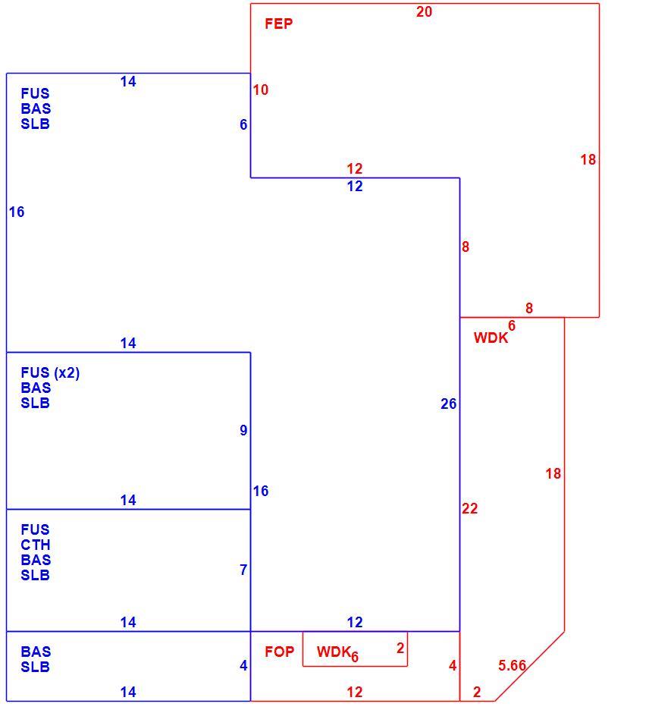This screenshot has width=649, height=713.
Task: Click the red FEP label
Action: click(x=278, y=24)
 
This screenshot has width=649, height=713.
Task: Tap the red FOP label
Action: click(x=280, y=652)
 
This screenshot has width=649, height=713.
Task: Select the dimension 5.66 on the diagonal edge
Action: click(x=513, y=666)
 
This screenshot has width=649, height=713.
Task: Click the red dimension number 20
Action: click(x=424, y=12)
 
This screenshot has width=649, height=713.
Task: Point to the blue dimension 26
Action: click(x=449, y=404)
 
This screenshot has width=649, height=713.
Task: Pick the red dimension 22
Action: click(x=470, y=508)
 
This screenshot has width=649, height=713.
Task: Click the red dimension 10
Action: click(x=261, y=90)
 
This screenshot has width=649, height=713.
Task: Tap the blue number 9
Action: click(x=243, y=430)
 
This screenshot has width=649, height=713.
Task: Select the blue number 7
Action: click(x=243, y=570)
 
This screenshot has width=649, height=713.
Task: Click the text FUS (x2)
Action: click(x=51, y=373)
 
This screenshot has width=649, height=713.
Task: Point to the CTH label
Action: click(x=36, y=545)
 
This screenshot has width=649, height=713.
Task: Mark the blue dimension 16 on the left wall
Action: click(x=17, y=212)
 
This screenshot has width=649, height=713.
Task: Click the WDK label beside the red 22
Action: click(x=491, y=338)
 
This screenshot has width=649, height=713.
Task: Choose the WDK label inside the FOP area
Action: click(x=334, y=652)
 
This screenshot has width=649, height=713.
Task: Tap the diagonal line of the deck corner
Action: click(x=530, y=666)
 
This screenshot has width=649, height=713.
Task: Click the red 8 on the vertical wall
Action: click(x=466, y=247)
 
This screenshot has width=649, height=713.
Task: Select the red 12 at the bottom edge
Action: click(x=355, y=692)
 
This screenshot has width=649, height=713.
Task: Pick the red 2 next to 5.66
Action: click(x=477, y=692)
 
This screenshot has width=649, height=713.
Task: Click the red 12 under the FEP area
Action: click(x=355, y=168)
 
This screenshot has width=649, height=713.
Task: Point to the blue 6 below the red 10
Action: click(x=243, y=124)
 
